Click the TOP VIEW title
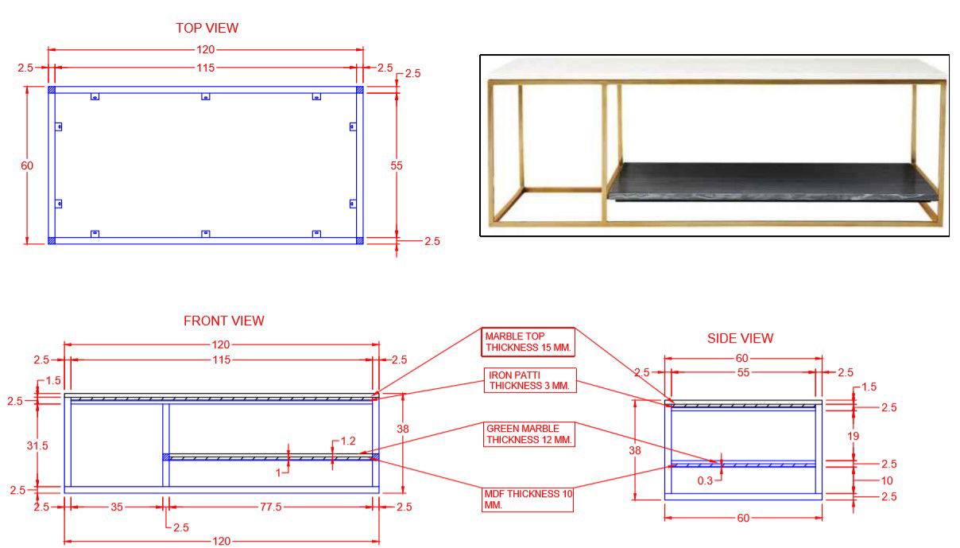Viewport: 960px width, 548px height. pyautogui.click(x=207, y=28)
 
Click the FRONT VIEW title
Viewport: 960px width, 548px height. pyautogui.click(x=223, y=321)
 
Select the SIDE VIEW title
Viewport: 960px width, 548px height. pyautogui.click(x=740, y=339)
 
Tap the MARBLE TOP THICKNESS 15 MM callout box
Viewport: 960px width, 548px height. pyautogui.click(x=528, y=342)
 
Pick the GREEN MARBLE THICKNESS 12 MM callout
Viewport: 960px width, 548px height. pyautogui.click(x=528, y=434)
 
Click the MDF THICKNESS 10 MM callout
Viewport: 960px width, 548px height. pyautogui.click(x=528, y=499)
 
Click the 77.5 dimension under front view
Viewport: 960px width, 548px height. pyautogui.click(x=271, y=507)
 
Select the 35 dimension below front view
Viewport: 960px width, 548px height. pyautogui.click(x=116, y=507)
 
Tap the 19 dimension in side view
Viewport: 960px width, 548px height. pyautogui.click(x=853, y=436)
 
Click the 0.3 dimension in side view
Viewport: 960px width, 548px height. pyautogui.click(x=704, y=480)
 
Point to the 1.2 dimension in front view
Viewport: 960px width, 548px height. pyautogui.click(x=347, y=441)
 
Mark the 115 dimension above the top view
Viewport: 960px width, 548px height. pyautogui.click(x=205, y=68)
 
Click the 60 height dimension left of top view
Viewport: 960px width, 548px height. pyautogui.click(x=27, y=165)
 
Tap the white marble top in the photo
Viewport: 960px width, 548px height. pyautogui.click(x=715, y=67)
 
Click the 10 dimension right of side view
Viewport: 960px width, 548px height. pyautogui.click(x=887, y=480)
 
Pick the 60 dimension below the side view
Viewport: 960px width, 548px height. pyautogui.click(x=743, y=519)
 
